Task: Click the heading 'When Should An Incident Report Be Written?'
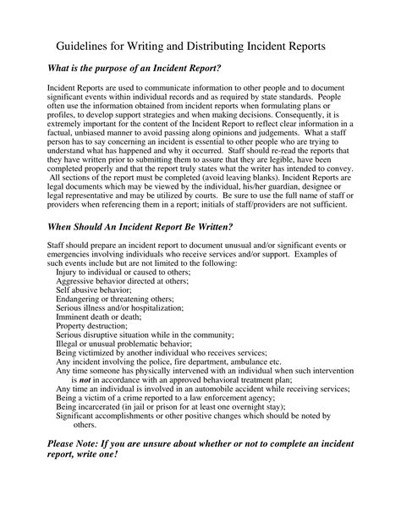[x=140, y=226]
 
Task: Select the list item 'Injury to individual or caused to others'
[x=123, y=273]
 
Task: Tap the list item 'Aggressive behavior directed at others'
[x=122, y=284]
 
